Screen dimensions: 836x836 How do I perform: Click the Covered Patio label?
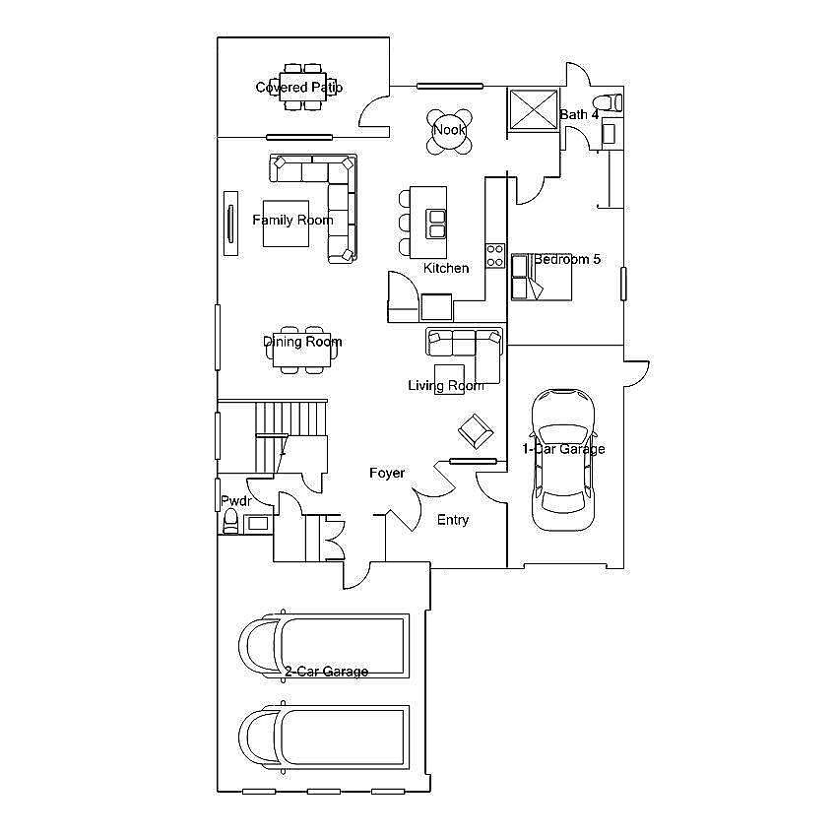[x=299, y=87]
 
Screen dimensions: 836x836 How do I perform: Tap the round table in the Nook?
[x=449, y=131]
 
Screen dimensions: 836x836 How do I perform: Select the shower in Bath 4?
[x=534, y=109]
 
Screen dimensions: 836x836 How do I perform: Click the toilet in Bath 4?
[x=608, y=101]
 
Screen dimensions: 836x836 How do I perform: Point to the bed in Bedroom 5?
[x=542, y=278]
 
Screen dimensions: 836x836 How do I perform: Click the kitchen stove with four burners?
[x=494, y=255]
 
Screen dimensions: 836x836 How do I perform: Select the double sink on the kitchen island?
[x=436, y=224]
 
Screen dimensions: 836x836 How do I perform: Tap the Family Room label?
[x=292, y=220]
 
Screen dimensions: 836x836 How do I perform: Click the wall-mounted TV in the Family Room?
[x=230, y=224]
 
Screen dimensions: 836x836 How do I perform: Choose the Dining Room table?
[x=301, y=353]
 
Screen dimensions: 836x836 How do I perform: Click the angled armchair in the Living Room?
[x=476, y=430]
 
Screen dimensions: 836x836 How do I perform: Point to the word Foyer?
[x=387, y=473]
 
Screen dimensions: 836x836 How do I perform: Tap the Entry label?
[x=453, y=520]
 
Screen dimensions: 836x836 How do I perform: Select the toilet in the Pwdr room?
[x=230, y=521]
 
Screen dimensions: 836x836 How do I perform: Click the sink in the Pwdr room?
[x=258, y=523]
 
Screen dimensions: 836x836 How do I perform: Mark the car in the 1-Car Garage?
[x=563, y=460]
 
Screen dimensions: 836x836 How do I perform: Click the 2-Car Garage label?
[x=326, y=672]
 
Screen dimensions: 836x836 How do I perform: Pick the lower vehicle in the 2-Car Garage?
[x=324, y=738]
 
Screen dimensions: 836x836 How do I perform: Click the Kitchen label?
[x=446, y=268]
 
